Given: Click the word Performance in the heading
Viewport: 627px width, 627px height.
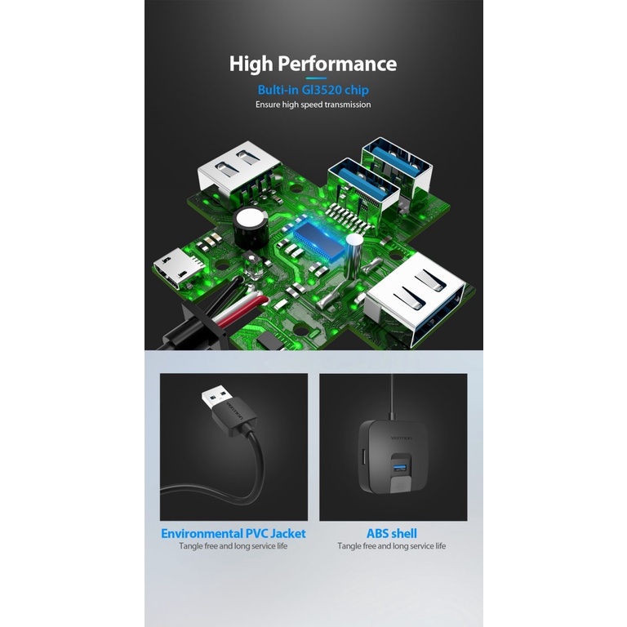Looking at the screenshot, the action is click(x=337, y=64).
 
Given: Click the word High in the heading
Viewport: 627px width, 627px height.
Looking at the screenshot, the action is click(x=251, y=64).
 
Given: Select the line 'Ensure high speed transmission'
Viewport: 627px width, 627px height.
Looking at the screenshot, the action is click(x=313, y=104).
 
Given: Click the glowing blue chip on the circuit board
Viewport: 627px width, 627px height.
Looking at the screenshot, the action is click(x=318, y=241).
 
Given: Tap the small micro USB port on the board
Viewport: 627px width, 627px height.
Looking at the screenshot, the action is click(x=176, y=268).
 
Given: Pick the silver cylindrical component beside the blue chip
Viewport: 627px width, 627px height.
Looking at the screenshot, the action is click(x=354, y=255).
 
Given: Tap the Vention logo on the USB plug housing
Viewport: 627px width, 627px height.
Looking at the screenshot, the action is click(x=235, y=411).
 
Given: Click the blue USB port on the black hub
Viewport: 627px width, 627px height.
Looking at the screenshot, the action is click(x=399, y=467).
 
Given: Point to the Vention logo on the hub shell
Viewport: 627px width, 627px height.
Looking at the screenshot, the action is click(x=401, y=438).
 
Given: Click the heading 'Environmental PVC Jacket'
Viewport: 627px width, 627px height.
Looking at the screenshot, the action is click(x=233, y=533).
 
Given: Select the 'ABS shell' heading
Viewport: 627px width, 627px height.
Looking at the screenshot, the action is click(x=392, y=533).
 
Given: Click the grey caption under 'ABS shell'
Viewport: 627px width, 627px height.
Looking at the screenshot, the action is click(x=392, y=546).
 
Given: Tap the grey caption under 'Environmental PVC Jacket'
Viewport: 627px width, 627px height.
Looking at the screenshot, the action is click(x=233, y=546).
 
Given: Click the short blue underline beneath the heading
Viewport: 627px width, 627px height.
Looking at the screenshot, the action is click(x=316, y=78).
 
